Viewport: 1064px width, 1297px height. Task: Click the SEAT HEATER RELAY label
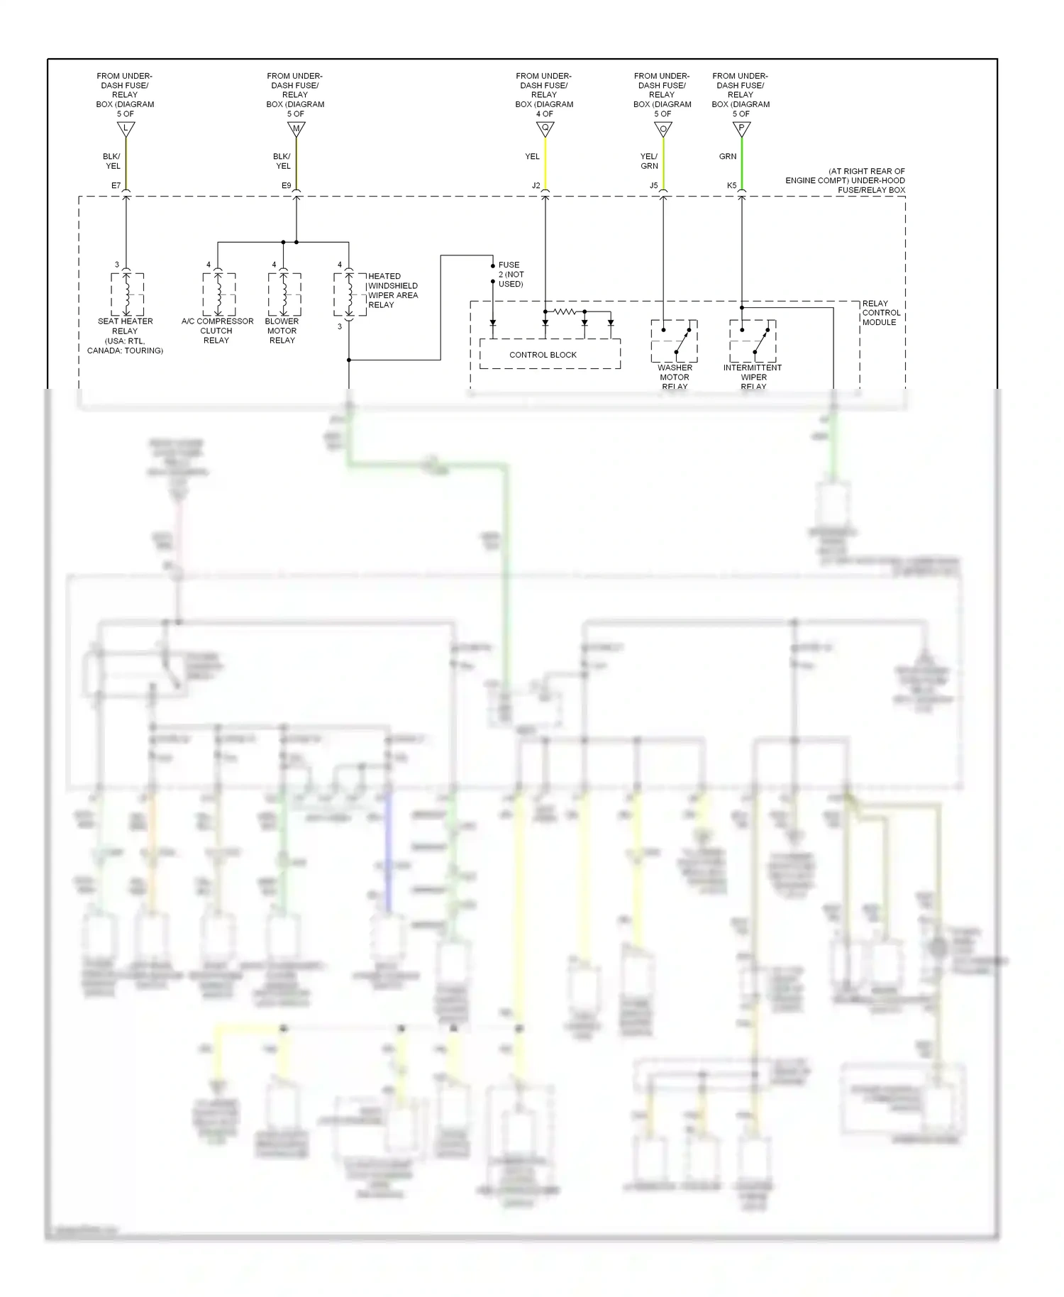pos(125,326)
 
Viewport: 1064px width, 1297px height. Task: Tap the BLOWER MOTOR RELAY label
pos(282,331)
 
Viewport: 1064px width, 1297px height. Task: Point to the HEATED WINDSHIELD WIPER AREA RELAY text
pos(392,290)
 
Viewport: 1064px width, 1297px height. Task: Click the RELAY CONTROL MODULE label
pos(881,313)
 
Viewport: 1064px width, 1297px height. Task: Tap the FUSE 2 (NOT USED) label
pos(511,275)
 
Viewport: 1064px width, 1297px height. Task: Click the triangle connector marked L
pos(126,129)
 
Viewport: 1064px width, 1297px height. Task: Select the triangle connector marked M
pos(296,129)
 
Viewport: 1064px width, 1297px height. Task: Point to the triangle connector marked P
pos(741,129)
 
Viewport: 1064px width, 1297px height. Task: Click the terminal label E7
pos(116,186)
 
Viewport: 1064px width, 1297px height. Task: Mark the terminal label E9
pos(286,186)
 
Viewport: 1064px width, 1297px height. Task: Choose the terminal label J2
pos(536,186)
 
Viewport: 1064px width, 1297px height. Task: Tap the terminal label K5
pos(731,186)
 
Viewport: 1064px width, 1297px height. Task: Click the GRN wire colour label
pos(728,157)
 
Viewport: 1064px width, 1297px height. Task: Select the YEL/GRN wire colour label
pos(649,161)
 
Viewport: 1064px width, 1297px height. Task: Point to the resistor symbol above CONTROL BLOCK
pos(565,311)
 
